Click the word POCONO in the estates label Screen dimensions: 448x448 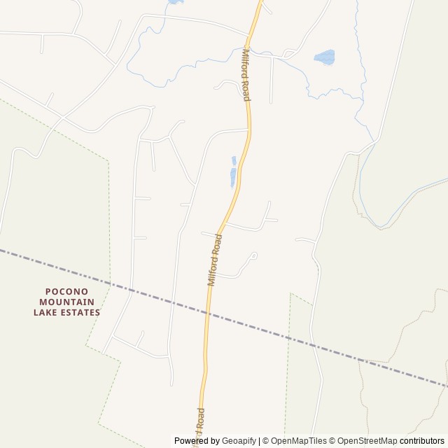[x=66, y=290]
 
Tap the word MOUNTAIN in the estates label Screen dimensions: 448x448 [x=66, y=302]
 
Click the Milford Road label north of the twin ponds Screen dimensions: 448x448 [x=246, y=75]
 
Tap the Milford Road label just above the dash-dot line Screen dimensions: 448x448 [x=215, y=259]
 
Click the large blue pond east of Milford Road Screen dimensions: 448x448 [x=324, y=57]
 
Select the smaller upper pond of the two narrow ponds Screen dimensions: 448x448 [x=234, y=161]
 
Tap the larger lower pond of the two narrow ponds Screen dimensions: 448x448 [x=233, y=178]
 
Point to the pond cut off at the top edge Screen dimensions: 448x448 [x=173, y=2]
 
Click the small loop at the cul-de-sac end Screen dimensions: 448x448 [x=253, y=256]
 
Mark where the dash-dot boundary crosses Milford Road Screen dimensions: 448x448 [x=207, y=311]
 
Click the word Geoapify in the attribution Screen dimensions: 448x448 [x=239, y=441]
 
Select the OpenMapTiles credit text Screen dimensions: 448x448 [x=299, y=441]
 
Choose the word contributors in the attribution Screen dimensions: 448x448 [x=422, y=441]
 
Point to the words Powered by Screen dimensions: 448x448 [x=197, y=441]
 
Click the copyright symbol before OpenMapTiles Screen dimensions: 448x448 [x=265, y=441]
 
